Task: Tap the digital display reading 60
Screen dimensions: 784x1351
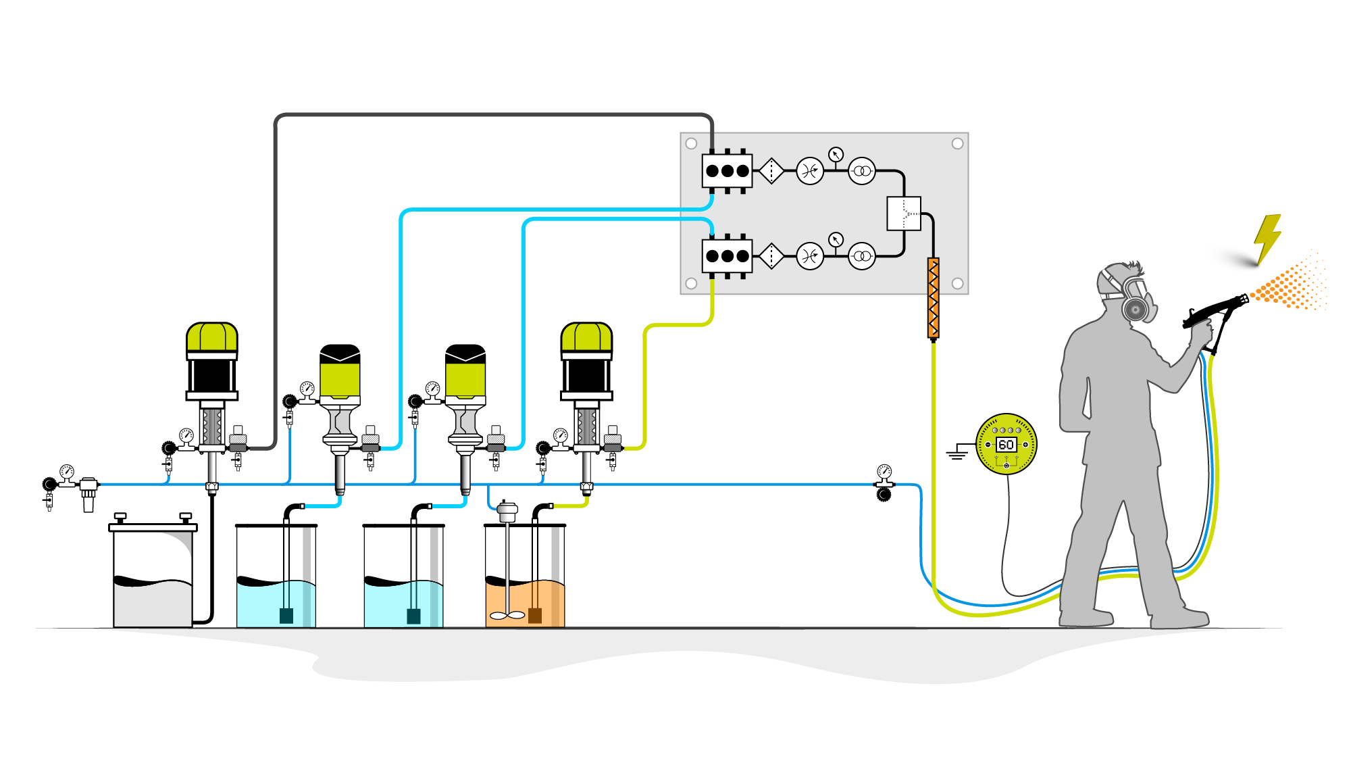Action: (x=1006, y=445)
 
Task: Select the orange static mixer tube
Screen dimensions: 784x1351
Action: (x=934, y=297)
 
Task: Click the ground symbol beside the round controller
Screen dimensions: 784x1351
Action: (x=957, y=453)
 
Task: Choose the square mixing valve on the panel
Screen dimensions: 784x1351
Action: (x=903, y=214)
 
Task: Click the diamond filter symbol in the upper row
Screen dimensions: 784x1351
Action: (x=771, y=171)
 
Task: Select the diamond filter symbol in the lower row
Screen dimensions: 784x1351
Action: (x=771, y=256)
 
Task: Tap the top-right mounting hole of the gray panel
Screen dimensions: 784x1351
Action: (x=957, y=143)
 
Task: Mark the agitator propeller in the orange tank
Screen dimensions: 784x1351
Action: (x=507, y=615)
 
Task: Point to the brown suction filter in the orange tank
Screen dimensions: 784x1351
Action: (x=535, y=615)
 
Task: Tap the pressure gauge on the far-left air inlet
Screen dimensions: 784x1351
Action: (x=66, y=471)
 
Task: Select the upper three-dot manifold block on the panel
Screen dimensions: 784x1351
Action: (x=727, y=171)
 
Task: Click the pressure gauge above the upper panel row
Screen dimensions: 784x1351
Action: (x=836, y=154)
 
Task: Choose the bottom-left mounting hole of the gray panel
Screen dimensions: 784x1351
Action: (x=691, y=283)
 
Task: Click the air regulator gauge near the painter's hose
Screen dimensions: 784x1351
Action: (x=884, y=471)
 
